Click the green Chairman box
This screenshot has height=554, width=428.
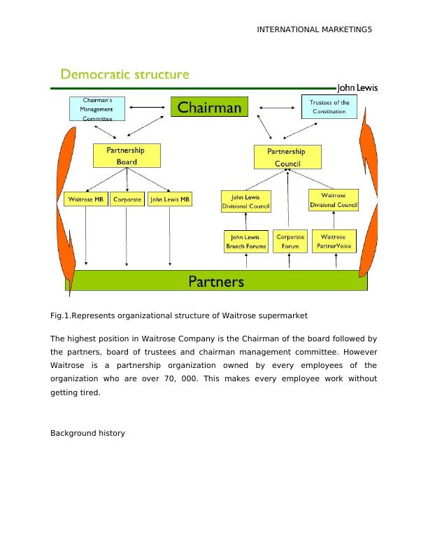(x=210, y=107)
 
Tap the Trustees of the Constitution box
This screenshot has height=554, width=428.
(x=329, y=107)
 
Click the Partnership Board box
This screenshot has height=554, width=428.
(x=127, y=155)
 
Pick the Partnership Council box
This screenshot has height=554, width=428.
(x=287, y=157)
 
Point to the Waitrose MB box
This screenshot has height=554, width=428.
(x=85, y=199)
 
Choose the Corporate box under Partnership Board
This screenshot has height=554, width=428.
(x=127, y=199)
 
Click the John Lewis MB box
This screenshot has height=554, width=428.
(x=170, y=199)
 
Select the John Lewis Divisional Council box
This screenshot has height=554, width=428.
(x=245, y=201)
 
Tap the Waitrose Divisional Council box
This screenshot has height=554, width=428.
(x=334, y=200)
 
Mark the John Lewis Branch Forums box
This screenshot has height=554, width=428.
(x=245, y=241)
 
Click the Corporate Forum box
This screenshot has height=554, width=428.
(x=290, y=241)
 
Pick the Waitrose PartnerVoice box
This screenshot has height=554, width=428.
(x=334, y=241)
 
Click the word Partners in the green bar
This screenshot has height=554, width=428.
(x=216, y=281)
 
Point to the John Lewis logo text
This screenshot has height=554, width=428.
(x=357, y=88)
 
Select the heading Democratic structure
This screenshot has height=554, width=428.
(x=125, y=74)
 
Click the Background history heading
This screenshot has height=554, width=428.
(x=87, y=433)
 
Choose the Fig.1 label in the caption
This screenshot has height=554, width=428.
(x=62, y=315)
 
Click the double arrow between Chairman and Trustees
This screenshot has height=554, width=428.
(x=275, y=108)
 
